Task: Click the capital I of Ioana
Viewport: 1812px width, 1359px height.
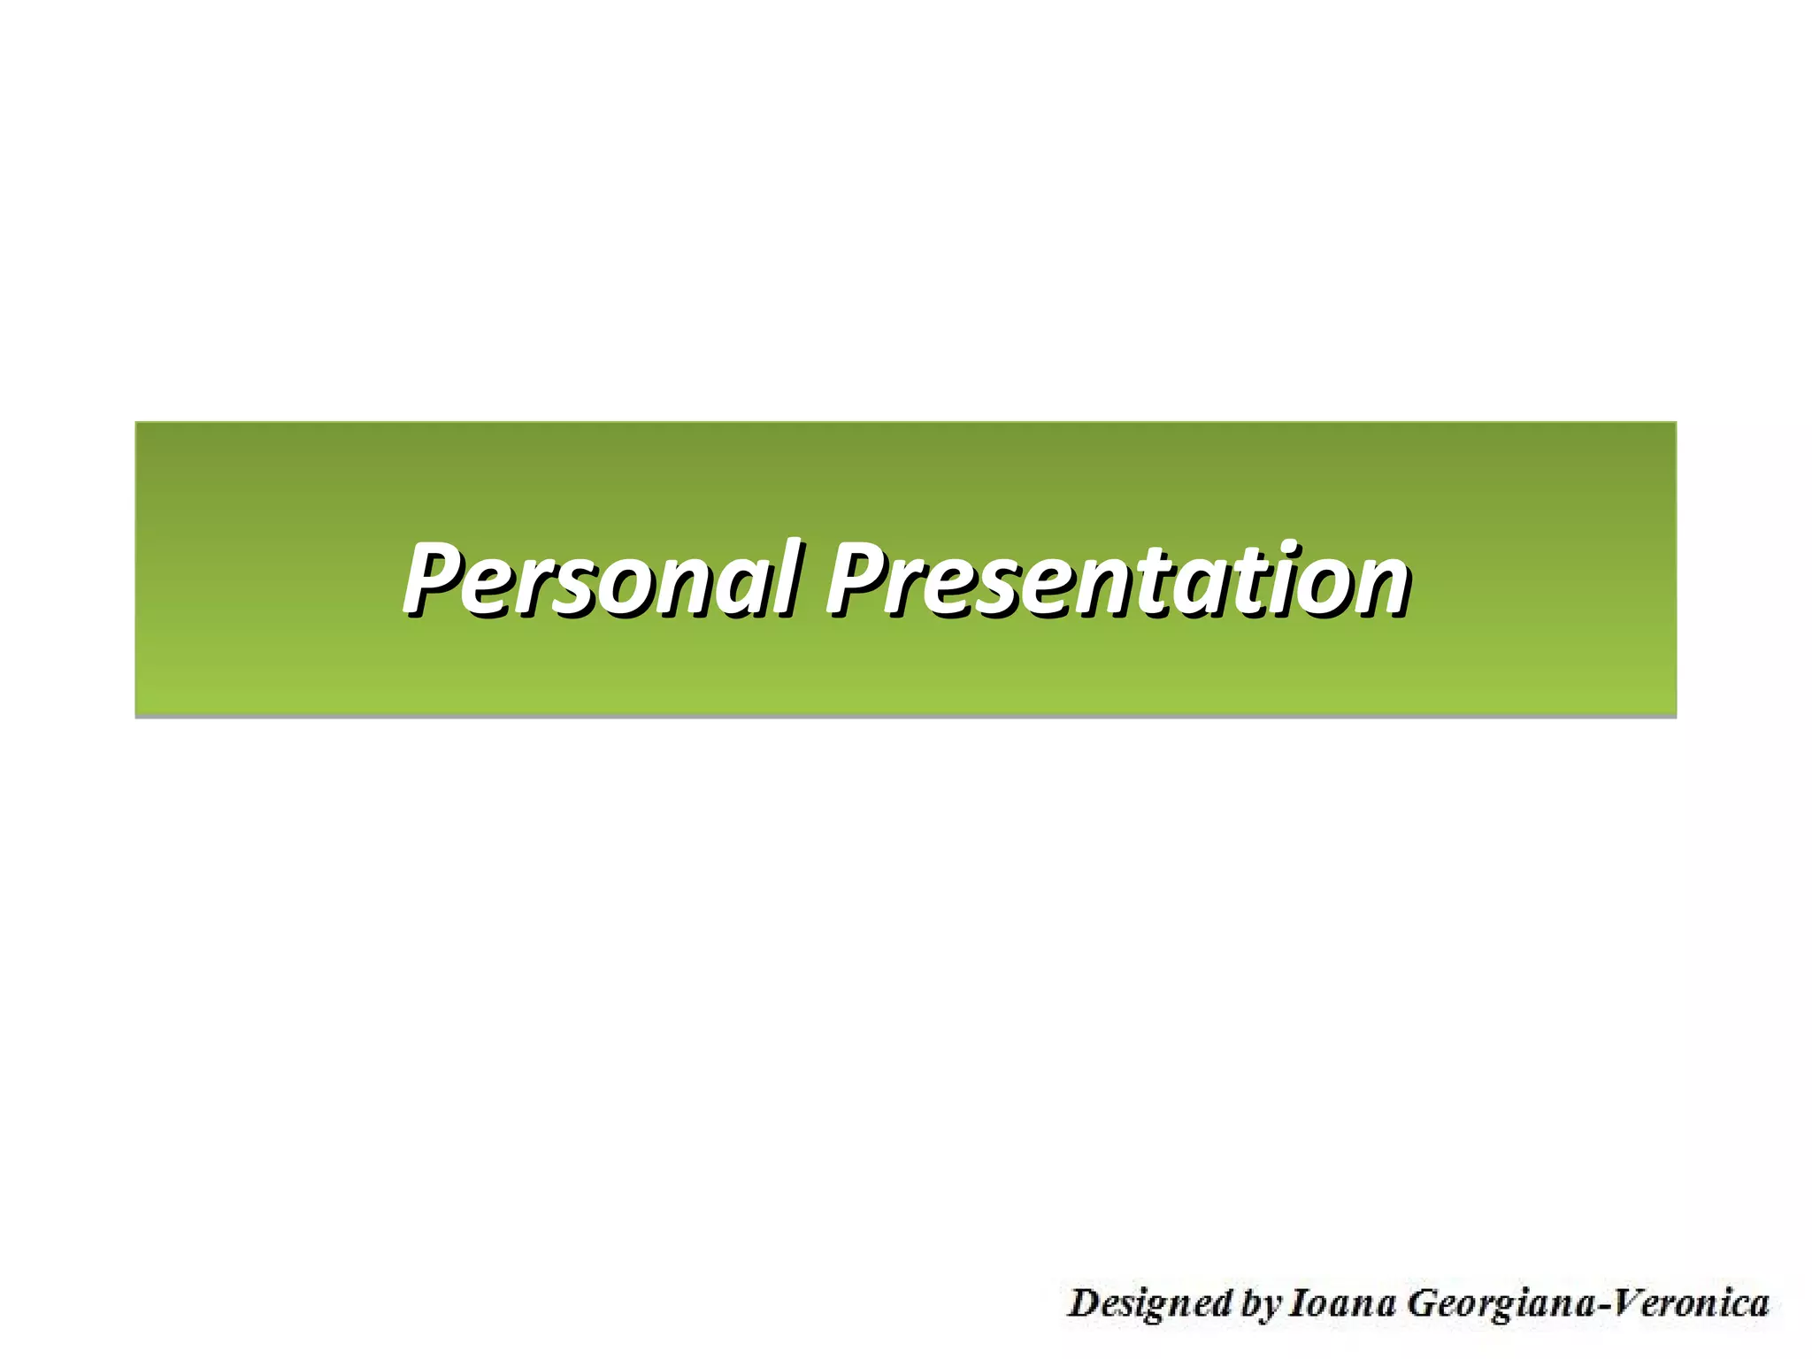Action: point(1297,1302)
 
